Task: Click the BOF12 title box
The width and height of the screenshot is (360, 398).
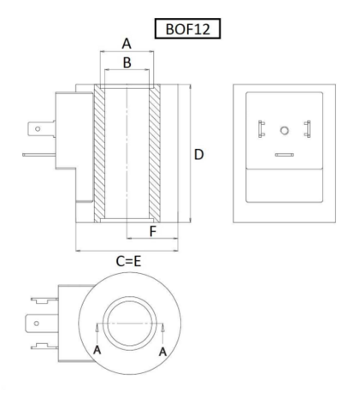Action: tap(187, 28)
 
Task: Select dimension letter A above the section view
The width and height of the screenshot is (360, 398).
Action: tap(127, 44)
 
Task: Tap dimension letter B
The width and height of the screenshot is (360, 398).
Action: tap(127, 62)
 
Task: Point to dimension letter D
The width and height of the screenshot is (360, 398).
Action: tap(198, 154)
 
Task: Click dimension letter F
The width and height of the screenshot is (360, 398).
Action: tap(153, 231)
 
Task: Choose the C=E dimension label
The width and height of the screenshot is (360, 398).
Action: tap(128, 261)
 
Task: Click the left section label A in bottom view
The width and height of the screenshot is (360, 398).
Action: tap(97, 350)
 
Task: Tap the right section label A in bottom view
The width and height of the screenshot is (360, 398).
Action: tap(162, 352)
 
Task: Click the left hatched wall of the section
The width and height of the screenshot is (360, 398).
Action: tap(99, 153)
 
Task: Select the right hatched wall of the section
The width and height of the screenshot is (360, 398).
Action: tap(155, 153)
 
